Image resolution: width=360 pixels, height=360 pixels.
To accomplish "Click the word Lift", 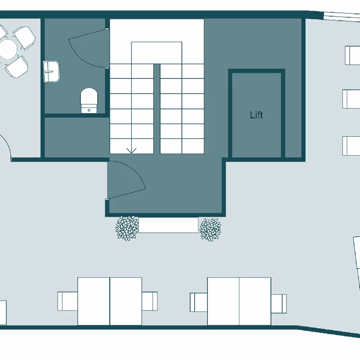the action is point(256,115).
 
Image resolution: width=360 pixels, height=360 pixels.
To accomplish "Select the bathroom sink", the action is point(51,72).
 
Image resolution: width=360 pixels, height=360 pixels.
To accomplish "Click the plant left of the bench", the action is point(127,228).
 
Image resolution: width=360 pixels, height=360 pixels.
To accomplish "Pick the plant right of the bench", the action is point(210,229).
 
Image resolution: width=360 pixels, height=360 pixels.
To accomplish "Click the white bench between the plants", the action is point(168,225).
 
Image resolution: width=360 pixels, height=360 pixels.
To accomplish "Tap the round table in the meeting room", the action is point(8,49).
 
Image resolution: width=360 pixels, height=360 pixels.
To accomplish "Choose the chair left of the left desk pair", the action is point(67,301).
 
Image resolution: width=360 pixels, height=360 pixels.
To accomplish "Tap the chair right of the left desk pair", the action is point(149,301).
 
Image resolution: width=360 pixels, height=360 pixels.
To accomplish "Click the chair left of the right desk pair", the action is point(199,302).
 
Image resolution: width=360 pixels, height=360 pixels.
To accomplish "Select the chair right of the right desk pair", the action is point(279,303).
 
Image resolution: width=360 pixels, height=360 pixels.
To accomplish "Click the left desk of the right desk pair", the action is point(223,301).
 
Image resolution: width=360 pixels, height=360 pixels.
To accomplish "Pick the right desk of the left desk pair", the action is point(126,301).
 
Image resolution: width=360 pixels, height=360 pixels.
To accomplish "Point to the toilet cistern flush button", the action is point(89,110).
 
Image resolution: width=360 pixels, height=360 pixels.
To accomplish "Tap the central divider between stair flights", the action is point(157,109).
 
